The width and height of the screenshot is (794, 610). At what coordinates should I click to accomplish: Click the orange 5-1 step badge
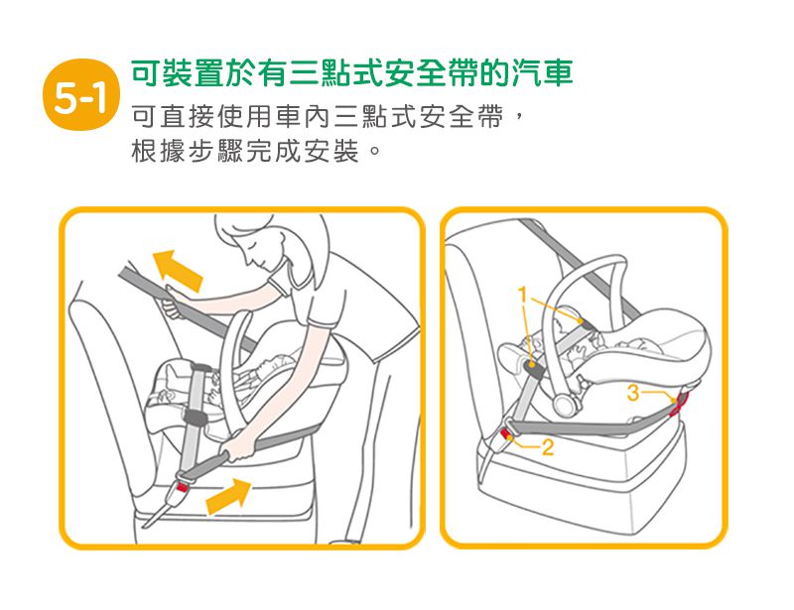[x=81, y=94]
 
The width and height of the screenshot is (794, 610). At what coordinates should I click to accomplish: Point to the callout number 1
[x=523, y=295]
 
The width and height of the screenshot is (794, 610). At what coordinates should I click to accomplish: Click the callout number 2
[x=548, y=447]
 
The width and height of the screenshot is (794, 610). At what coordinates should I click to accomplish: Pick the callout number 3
[x=633, y=393]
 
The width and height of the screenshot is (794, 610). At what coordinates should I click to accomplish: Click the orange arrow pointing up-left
[x=178, y=271]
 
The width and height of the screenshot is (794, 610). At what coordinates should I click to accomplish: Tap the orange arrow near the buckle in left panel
[x=229, y=496]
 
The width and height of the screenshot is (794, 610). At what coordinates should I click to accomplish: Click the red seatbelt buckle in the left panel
[x=181, y=488]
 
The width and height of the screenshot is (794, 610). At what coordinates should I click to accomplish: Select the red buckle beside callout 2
[x=506, y=433]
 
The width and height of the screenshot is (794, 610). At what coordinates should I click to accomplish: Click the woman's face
[x=257, y=253]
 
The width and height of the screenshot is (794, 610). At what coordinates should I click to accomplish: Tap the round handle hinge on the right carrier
[x=564, y=405]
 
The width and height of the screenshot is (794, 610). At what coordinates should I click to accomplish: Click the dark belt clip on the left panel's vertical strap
[x=196, y=418]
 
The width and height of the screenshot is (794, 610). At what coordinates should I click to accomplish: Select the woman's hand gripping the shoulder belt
[x=172, y=301]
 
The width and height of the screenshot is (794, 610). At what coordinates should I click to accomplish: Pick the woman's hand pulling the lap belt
[x=238, y=447]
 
